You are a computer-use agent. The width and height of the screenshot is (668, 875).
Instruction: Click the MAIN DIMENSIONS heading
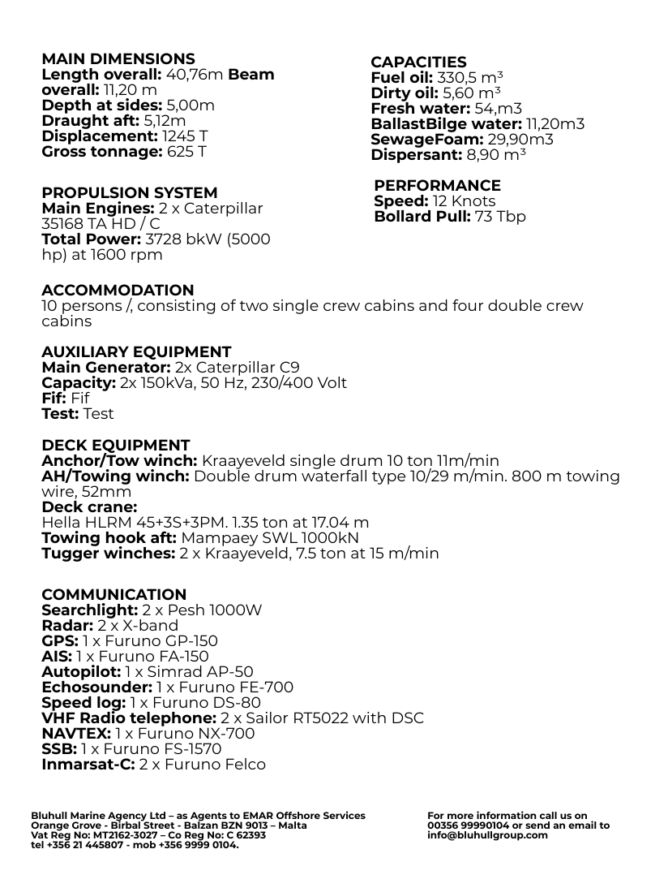click(118, 59)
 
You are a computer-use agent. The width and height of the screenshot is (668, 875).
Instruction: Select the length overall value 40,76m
click(195, 75)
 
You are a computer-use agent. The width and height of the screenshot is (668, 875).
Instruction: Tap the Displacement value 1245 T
click(185, 136)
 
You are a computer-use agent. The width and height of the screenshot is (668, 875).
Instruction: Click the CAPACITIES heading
click(418, 62)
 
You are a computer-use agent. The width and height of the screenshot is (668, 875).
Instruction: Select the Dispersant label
click(416, 155)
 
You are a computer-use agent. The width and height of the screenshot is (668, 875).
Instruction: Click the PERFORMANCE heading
click(437, 186)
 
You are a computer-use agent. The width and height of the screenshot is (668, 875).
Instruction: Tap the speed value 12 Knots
click(464, 201)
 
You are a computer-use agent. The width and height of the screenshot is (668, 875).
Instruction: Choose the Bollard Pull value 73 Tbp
click(500, 217)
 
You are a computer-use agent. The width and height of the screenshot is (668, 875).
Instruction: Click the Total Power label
click(91, 239)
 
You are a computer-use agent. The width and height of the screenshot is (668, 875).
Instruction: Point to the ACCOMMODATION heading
click(118, 291)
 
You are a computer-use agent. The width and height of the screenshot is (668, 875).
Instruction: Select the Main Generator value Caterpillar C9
click(237, 368)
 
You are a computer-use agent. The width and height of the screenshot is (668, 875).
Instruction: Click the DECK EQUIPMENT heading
click(115, 446)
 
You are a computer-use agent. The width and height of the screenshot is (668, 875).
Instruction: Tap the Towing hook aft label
click(109, 538)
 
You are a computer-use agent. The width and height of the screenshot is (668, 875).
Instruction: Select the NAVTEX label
click(76, 734)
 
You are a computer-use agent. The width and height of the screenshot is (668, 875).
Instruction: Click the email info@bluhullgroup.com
click(487, 835)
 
